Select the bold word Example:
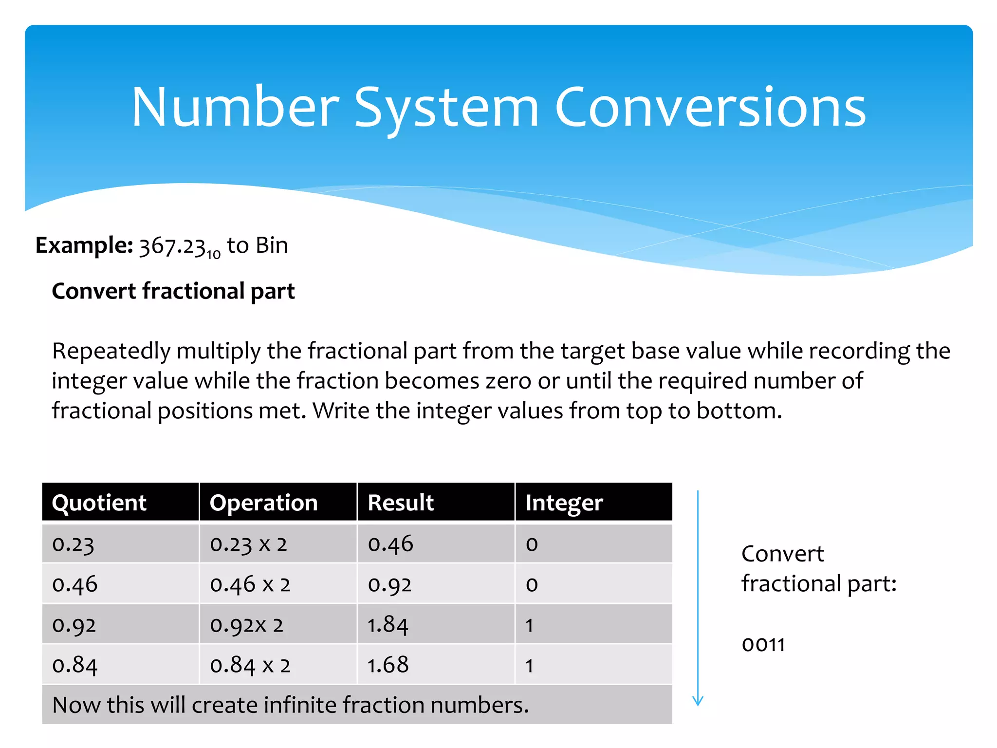[x=84, y=245]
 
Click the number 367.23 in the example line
[x=172, y=246]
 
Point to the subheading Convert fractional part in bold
[x=173, y=291]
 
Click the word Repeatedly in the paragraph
[x=111, y=352]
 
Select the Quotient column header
[x=99, y=503]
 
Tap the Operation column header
[x=263, y=503]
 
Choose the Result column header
[x=401, y=503]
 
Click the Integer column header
[x=564, y=503]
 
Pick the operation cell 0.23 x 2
[x=249, y=544]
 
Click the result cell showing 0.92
[x=390, y=584]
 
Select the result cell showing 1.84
[x=388, y=625]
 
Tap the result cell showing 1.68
[x=388, y=665]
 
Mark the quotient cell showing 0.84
[x=75, y=665]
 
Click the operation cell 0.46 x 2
[x=250, y=584]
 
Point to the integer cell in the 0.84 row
[x=530, y=666]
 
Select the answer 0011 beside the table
[x=763, y=645]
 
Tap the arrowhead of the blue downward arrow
[x=698, y=701]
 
